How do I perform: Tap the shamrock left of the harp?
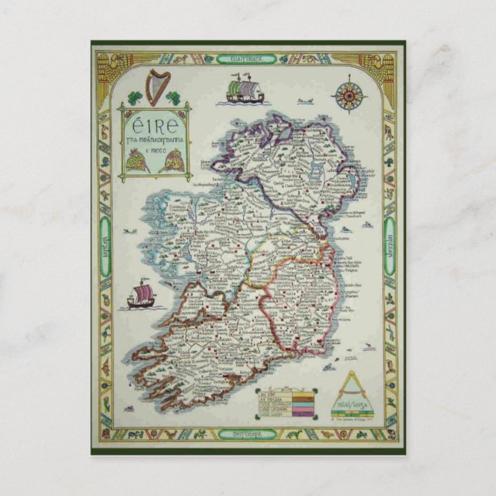click(x=134, y=98)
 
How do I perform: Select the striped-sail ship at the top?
click(x=245, y=90)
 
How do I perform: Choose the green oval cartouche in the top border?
click(x=247, y=56)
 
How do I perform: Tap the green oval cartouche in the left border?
click(x=104, y=230)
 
